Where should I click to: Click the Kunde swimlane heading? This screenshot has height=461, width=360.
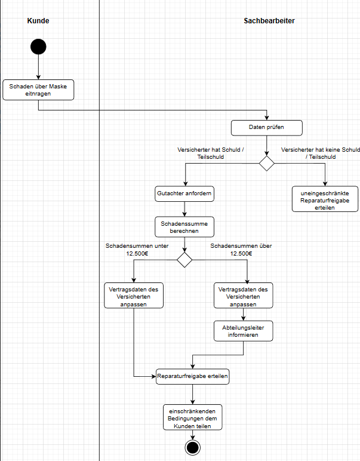pyautogui.click(x=38, y=21)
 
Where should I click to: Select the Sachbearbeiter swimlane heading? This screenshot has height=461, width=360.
pyautogui.click(x=269, y=21)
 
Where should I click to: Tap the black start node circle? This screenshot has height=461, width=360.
pyautogui.click(x=38, y=47)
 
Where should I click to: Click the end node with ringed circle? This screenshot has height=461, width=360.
pyautogui.click(x=192, y=448)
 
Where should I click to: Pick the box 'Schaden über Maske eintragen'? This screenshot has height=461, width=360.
pyautogui.click(x=38, y=90)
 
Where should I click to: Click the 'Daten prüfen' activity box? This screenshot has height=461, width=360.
pyautogui.click(x=267, y=127)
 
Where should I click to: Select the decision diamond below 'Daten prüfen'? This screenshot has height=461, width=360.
pyautogui.click(x=267, y=163)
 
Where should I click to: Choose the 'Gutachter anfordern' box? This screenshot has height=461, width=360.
pyautogui.click(x=184, y=194)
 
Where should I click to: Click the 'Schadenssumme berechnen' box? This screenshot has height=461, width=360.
pyautogui.click(x=184, y=227)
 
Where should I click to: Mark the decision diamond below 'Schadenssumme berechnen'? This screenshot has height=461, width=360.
pyautogui.click(x=184, y=260)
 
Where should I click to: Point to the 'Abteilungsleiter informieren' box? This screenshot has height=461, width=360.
pyautogui.click(x=243, y=331)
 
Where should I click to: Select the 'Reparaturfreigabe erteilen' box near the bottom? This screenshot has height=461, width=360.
pyautogui.click(x=193, y=377)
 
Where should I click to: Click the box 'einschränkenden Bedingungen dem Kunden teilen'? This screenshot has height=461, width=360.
pyautogui.click(x=192, y=417)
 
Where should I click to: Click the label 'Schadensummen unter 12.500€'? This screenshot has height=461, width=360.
pyautogui.click(x=137, y=249)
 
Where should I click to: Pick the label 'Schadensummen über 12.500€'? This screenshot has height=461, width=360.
pyautogui.click(x=242, y=249)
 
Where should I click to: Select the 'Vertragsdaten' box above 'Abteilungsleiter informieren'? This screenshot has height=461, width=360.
pyautogui.click(x=243, y=296)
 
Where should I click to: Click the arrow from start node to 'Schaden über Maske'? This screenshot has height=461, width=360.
pyautogui.click(x=38, y=67)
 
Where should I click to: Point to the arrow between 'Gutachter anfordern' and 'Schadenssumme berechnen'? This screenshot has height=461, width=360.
pyautogui.click(x=184, y=209)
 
